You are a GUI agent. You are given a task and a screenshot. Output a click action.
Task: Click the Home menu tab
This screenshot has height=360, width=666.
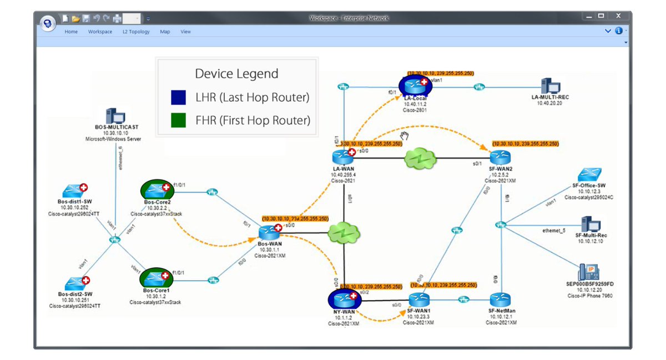point(71,32)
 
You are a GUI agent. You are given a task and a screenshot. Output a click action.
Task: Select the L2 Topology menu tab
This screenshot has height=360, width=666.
point(136,32)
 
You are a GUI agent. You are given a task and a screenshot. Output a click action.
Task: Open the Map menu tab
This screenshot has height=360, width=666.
point(165,32)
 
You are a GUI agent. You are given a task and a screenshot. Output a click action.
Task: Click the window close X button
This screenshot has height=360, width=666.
point(618,16)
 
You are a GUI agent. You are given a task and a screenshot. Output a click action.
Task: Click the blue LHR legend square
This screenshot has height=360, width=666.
point(178,98)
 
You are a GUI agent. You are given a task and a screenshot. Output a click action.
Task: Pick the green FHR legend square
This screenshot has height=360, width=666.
point(178,120)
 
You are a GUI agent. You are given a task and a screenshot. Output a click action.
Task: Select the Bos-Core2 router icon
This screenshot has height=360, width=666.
point(157,190)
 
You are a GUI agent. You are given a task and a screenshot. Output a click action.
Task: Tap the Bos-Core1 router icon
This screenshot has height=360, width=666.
point(157,277)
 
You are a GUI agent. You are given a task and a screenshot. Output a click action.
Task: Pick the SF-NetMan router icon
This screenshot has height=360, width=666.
point(501,300)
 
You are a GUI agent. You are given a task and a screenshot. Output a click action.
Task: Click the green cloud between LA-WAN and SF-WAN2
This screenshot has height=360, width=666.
point(420,160)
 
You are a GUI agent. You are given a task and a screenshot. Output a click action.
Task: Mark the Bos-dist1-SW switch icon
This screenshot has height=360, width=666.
point(75,190)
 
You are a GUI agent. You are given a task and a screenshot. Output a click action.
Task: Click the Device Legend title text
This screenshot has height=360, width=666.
point(236,74)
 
